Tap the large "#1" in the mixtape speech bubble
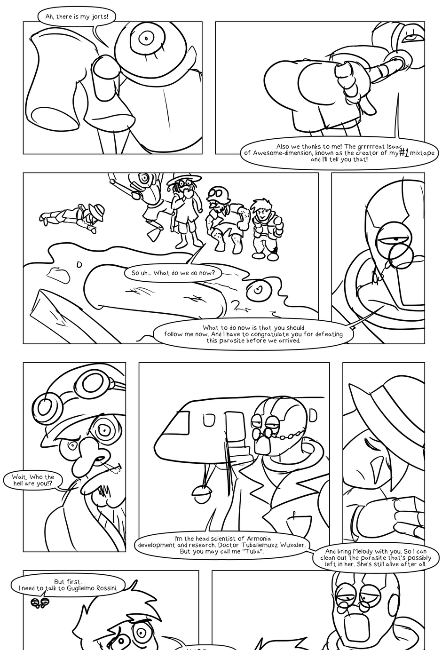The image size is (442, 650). (x=404, y=152)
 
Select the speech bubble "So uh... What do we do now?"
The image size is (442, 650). (x=173, y=273)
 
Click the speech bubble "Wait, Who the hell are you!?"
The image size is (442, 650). (x=33, y=480)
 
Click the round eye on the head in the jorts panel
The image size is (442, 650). (x=146, y=38)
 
